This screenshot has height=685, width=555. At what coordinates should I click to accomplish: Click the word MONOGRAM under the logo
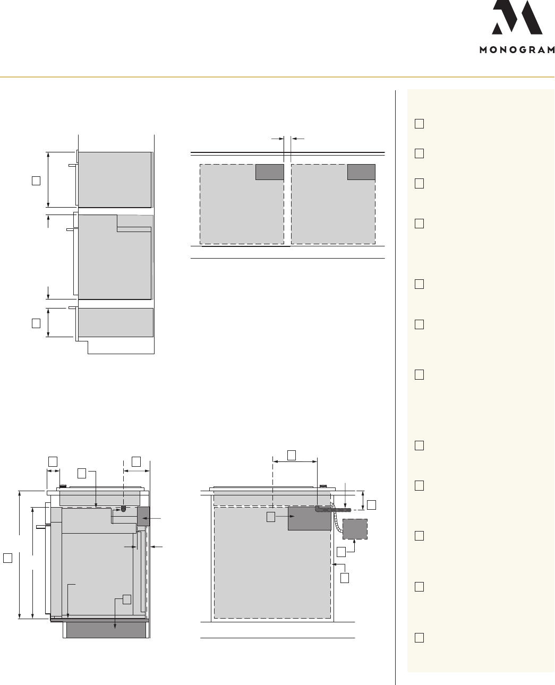(517, 50)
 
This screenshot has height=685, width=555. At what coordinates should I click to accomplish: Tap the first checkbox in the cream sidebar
(419, 124)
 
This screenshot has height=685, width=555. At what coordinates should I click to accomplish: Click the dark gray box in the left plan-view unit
(269, 172)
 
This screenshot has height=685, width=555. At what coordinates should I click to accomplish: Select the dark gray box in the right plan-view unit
(361, 172)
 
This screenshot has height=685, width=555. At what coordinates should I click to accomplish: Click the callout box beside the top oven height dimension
(36, 181)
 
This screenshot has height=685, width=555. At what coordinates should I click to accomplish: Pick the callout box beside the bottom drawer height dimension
(36, 323)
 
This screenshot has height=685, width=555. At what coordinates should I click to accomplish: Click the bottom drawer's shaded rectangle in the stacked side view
(116, 322)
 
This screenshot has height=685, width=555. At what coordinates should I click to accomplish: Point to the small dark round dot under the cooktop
(123, 509)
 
